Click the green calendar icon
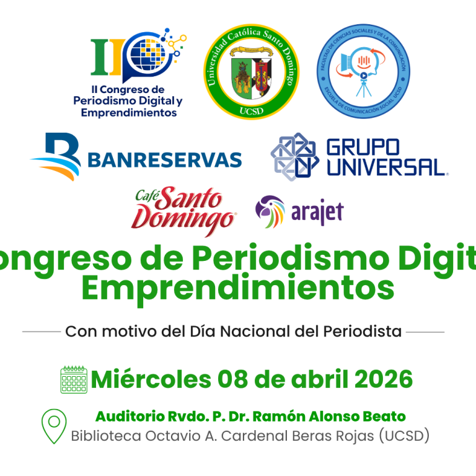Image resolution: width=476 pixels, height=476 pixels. (74, 379)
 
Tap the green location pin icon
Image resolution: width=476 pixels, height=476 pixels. (54, 426)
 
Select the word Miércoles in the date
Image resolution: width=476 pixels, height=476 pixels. (151, 379)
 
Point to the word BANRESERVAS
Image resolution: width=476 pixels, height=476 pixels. (164, 160)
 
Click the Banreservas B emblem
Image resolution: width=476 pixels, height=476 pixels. (56, 157)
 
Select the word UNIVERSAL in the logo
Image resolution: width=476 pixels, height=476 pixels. (386, 166)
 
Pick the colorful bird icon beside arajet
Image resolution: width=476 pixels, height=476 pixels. (270, 212)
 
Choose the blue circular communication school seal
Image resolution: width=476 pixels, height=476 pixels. (364, 72)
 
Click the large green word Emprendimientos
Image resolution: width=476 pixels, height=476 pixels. (237, 288)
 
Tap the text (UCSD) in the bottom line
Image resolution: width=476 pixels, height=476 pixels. (402, 436)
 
